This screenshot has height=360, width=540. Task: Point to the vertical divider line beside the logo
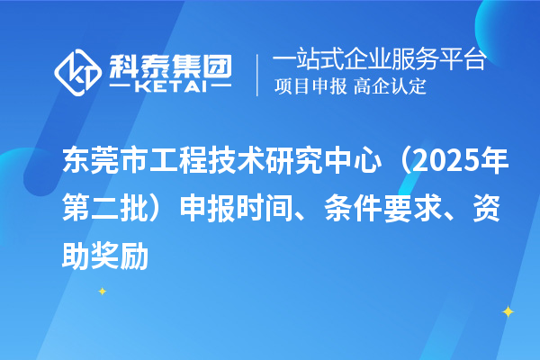(x=259, y=74)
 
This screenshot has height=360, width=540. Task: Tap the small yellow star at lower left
(x=102, y=292)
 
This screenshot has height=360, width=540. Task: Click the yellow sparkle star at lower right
(x=507, y=311)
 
